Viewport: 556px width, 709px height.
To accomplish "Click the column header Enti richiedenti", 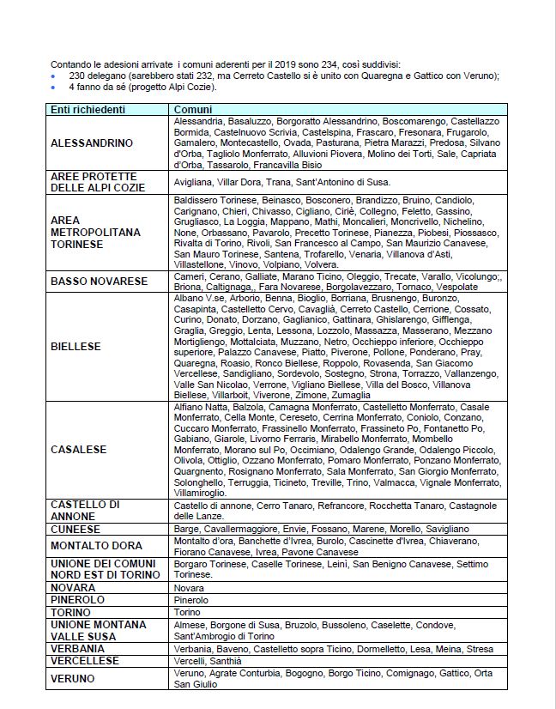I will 88,110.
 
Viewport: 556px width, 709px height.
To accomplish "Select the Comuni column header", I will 194,110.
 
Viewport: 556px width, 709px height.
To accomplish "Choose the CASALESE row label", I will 78,449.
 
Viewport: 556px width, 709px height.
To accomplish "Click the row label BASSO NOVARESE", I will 99,281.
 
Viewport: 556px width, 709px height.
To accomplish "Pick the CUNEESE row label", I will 76,530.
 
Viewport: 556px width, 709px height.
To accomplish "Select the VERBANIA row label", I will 78,649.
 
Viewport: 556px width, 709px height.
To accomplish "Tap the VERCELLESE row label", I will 84,661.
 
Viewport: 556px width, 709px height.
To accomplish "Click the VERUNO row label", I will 72,678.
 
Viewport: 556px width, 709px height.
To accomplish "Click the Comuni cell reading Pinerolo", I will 192,599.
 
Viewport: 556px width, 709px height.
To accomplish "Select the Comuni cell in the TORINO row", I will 188,612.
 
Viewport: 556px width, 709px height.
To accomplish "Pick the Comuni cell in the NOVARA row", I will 189,587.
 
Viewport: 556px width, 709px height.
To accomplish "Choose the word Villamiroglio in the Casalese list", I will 201,494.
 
